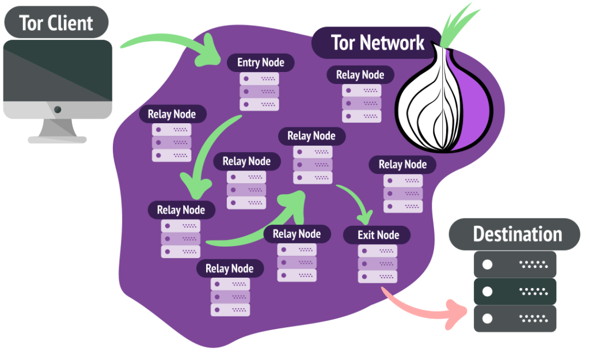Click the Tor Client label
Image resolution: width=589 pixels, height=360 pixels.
(x=56, y=23)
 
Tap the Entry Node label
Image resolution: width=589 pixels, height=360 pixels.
(x=260, y=62)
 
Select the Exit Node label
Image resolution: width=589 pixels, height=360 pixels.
(x=378, y=235)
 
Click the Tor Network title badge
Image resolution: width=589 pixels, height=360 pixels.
(x=377, y=43)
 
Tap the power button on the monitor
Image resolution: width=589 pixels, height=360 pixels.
(x=57, y=109)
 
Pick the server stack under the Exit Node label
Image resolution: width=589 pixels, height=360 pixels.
(x=378, y=264)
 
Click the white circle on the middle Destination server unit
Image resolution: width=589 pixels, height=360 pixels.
(x=487, y=291)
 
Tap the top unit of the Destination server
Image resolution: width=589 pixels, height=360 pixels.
(x=515, y=264)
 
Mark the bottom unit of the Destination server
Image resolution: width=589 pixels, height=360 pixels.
(x=515, y=319)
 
